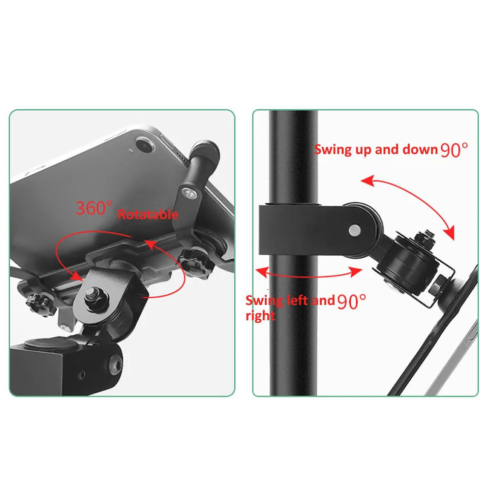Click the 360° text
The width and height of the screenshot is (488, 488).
coord(94,208)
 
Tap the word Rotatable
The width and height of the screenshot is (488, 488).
coord(148,215)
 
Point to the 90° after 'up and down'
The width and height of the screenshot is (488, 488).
coord(454,149)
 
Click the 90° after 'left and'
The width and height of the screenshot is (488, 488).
coord(352,301)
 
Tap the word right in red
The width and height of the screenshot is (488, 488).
coord(260,316)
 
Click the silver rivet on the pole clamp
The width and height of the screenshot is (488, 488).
coord(355,231)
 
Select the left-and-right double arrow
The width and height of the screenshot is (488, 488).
coord(308,276)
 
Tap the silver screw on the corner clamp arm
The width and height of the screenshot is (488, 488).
coord(189,194)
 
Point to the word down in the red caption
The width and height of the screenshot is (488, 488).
coord(420,149)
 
